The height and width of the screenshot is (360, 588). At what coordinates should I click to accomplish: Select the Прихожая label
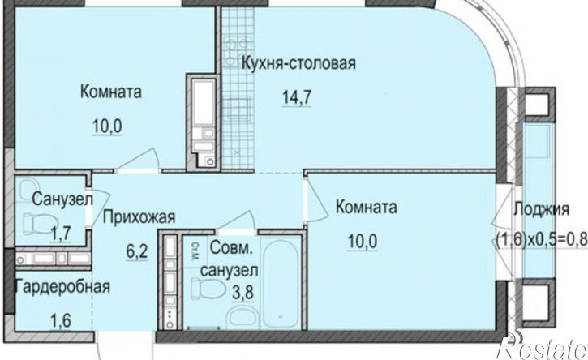(x=139, y=216)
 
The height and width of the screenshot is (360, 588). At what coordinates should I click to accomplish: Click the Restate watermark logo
(x=543, y=347)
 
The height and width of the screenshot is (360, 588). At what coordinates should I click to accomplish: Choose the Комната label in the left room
(x=111, y=92)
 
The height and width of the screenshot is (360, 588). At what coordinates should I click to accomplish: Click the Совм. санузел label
(x=234, y=258)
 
